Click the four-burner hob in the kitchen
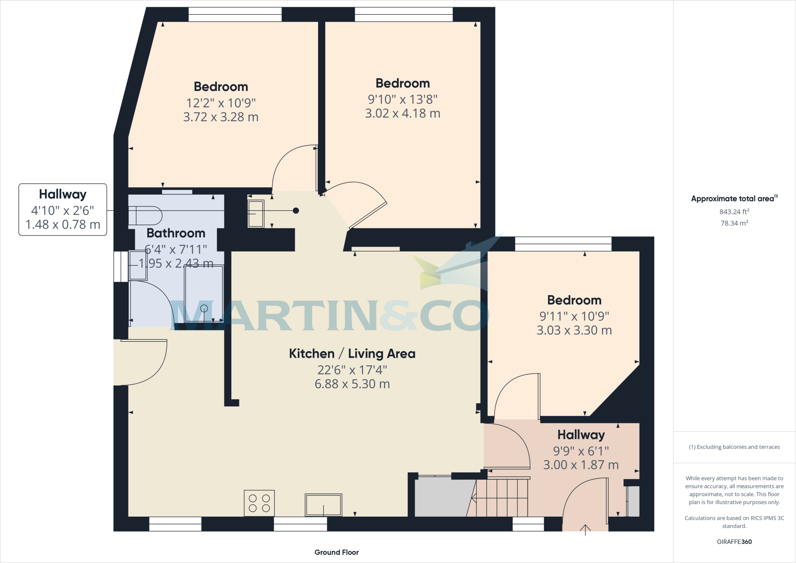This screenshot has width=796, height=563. click(x=259, y=503)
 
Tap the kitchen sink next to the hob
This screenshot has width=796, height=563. click(x=323, y=505)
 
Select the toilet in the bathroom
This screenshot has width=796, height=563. click(x=145, y=215)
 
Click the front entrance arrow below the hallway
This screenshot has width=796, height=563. click(x=585, y=529)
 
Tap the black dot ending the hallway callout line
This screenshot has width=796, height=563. click(x=296, y=211)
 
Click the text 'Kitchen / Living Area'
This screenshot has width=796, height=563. click(x=352, y=353)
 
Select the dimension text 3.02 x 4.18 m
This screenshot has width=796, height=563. click(x=403, y=114)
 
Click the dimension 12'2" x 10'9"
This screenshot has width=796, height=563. click(x=221, y=103)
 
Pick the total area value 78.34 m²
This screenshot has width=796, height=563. click(x=734, y=223)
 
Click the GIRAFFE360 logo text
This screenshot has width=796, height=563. click(x=734, y=542)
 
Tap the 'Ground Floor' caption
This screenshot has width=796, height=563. click(x=337, y=552)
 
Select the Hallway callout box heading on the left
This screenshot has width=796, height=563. click(x=63, y=194)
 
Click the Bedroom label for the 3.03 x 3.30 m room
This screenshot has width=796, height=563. click(x=574, y=300)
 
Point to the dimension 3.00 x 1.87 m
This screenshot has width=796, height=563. click(x=581, y=465)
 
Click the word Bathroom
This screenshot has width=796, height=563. click(x=176, y=233)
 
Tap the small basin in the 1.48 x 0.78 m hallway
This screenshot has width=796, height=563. click(x=255, y=213)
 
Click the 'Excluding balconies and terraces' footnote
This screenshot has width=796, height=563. click(x=734, y=447)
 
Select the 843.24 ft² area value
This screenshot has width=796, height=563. click(x=734, y=212)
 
